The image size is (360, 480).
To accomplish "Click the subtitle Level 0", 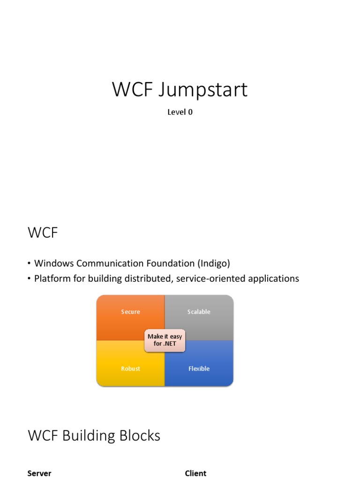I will (180, 112).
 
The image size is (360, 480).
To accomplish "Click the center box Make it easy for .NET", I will (165, 340).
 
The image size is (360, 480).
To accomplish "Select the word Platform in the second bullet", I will (52, 278).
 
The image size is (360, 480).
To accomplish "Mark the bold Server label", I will (39, 473).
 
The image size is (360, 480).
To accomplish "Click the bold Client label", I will (195, 473).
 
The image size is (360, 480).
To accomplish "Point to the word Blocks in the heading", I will (139, 436).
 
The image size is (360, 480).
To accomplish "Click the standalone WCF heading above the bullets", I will (43, 233).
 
